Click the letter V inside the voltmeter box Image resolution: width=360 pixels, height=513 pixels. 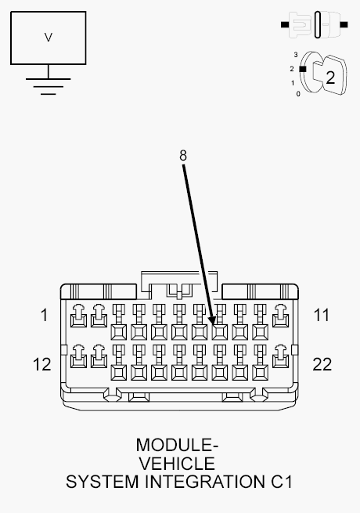pos(49,37)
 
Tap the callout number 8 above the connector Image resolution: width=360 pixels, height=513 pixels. pos(183,155)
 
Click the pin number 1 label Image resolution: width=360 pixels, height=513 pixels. pos(44,316)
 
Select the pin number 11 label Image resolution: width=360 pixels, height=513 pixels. pos(321,316)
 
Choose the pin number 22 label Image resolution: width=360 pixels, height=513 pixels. pos(322,364)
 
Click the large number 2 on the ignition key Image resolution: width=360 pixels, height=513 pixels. pos(329,77)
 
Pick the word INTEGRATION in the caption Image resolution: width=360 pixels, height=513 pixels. pos(211,482)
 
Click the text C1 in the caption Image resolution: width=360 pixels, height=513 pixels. pos(281,482)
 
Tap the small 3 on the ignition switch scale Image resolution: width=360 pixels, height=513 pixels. pos(296,54)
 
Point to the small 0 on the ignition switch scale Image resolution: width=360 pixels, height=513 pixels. pos(297,94)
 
